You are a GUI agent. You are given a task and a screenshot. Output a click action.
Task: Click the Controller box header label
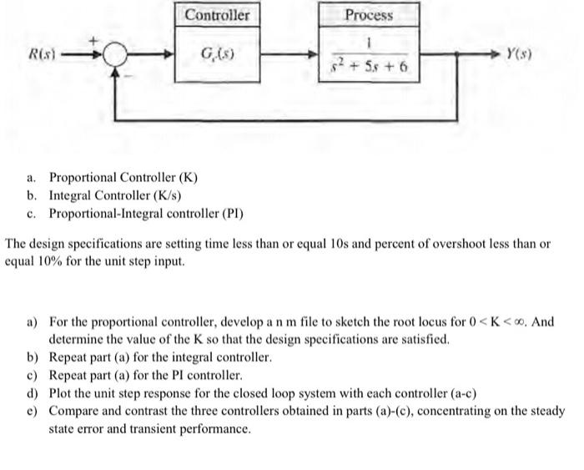pos(217,15)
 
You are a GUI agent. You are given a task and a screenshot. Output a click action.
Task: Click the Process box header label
pos(369,15)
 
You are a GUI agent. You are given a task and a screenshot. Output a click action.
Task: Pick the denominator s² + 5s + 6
pos(368,65)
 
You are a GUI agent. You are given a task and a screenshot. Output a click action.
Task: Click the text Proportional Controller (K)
pos(123,177)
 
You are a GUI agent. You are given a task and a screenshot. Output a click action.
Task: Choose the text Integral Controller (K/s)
pos(115,195)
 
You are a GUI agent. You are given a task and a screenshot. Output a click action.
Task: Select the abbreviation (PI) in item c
pos(230,214)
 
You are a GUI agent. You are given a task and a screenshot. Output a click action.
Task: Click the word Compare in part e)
pos(77,412)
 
